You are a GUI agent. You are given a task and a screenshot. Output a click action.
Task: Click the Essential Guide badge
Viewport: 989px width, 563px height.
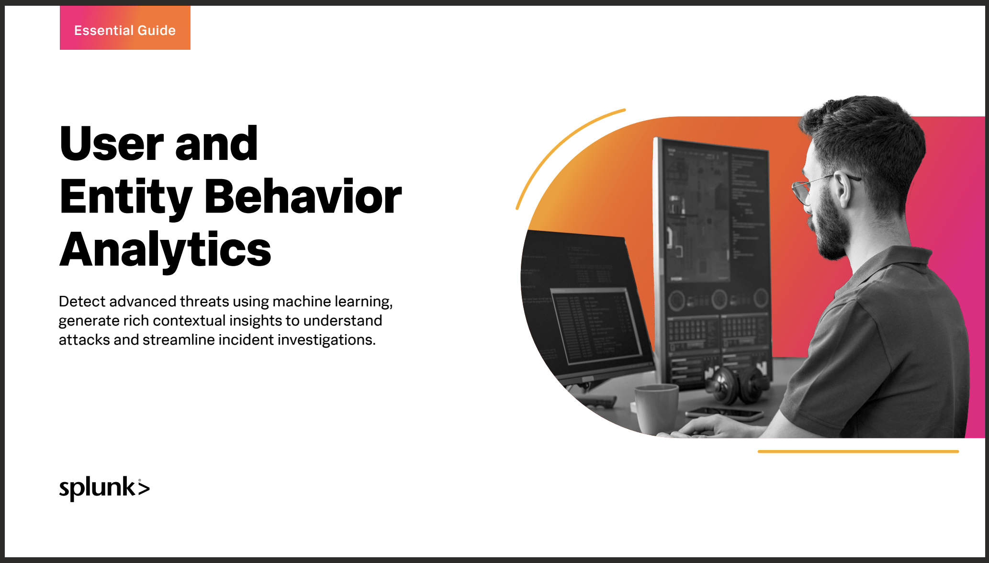pos(125,28)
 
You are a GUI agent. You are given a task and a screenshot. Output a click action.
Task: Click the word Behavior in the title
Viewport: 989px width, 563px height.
pos(303,196)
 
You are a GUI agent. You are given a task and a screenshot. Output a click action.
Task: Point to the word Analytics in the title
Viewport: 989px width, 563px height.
pos(165,250)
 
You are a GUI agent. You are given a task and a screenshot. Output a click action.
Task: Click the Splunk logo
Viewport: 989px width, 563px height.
pos(104,488)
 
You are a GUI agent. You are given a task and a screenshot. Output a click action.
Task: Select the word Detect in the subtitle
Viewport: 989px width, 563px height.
pos(82,301)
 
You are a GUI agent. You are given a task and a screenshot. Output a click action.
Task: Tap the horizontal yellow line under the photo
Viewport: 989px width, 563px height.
pos(858,451)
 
